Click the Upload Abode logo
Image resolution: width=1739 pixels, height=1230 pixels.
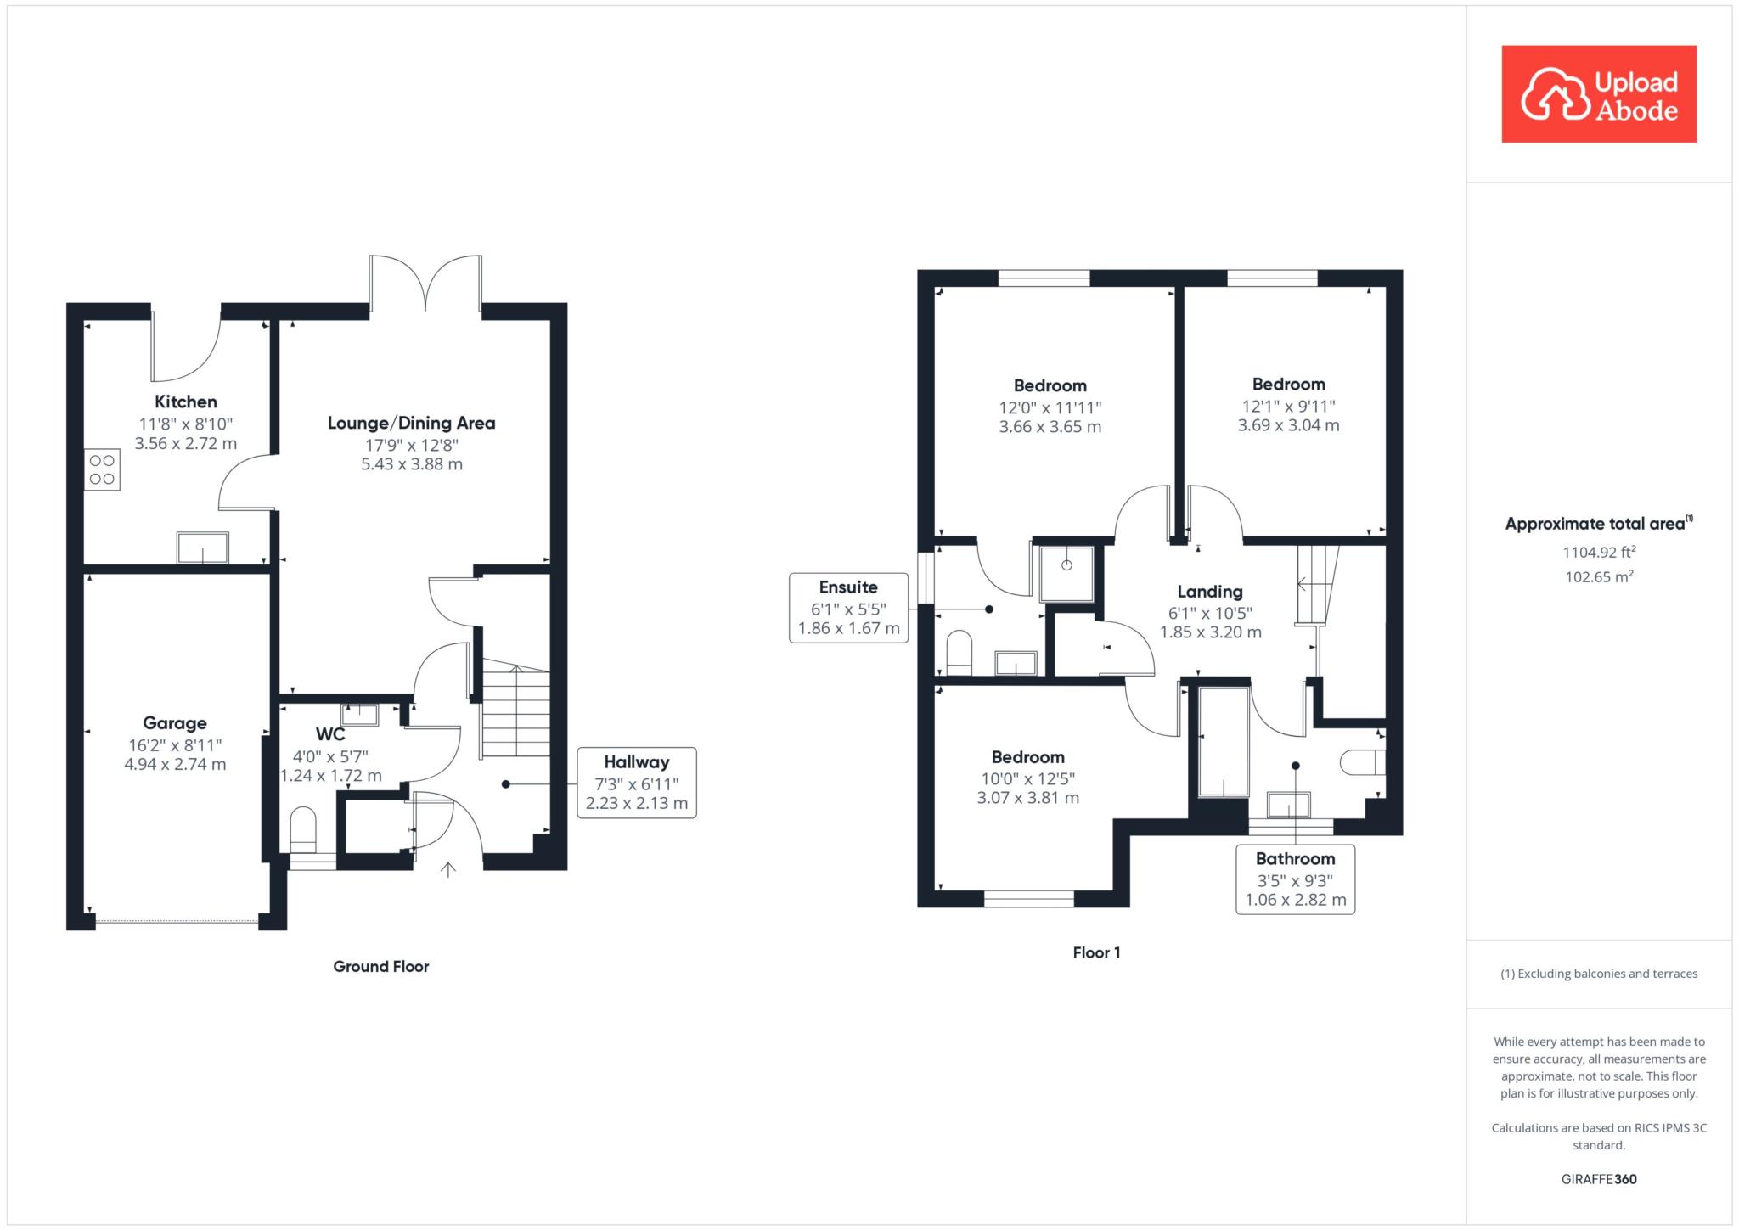click(1599, 94)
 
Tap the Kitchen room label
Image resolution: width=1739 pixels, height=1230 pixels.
click(186, 402)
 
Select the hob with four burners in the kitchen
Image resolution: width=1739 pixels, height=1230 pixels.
click(102, 470)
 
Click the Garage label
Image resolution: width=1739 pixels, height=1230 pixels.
click(175, 723)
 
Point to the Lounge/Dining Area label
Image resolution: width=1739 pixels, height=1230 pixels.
click(412, 423)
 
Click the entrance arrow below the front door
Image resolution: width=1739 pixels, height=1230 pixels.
click(448, 869)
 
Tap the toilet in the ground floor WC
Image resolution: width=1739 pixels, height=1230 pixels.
click(303, 829)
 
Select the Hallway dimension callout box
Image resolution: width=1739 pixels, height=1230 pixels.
click(637, 783)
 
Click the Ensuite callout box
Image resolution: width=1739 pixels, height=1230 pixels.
click(849, 608)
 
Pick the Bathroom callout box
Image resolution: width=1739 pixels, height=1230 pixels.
click(1295, 879)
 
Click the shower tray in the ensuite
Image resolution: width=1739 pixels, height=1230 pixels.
click(1066, 574)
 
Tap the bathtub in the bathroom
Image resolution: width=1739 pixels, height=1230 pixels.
click(1224, 743)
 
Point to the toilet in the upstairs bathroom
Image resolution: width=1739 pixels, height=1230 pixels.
click(1363, 762)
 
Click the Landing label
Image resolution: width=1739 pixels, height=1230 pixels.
click(1210, 592)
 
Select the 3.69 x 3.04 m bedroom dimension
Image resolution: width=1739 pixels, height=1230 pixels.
click(1288, 425)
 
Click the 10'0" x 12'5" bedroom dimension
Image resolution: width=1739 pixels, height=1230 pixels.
click(1028, 778)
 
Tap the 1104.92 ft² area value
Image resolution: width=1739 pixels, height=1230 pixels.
click(1599, 552)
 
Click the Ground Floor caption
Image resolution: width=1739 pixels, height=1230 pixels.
click(381, 966)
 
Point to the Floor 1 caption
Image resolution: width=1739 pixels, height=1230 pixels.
click(1096, 952)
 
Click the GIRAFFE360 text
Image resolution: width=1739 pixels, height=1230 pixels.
click(1599, 1179)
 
